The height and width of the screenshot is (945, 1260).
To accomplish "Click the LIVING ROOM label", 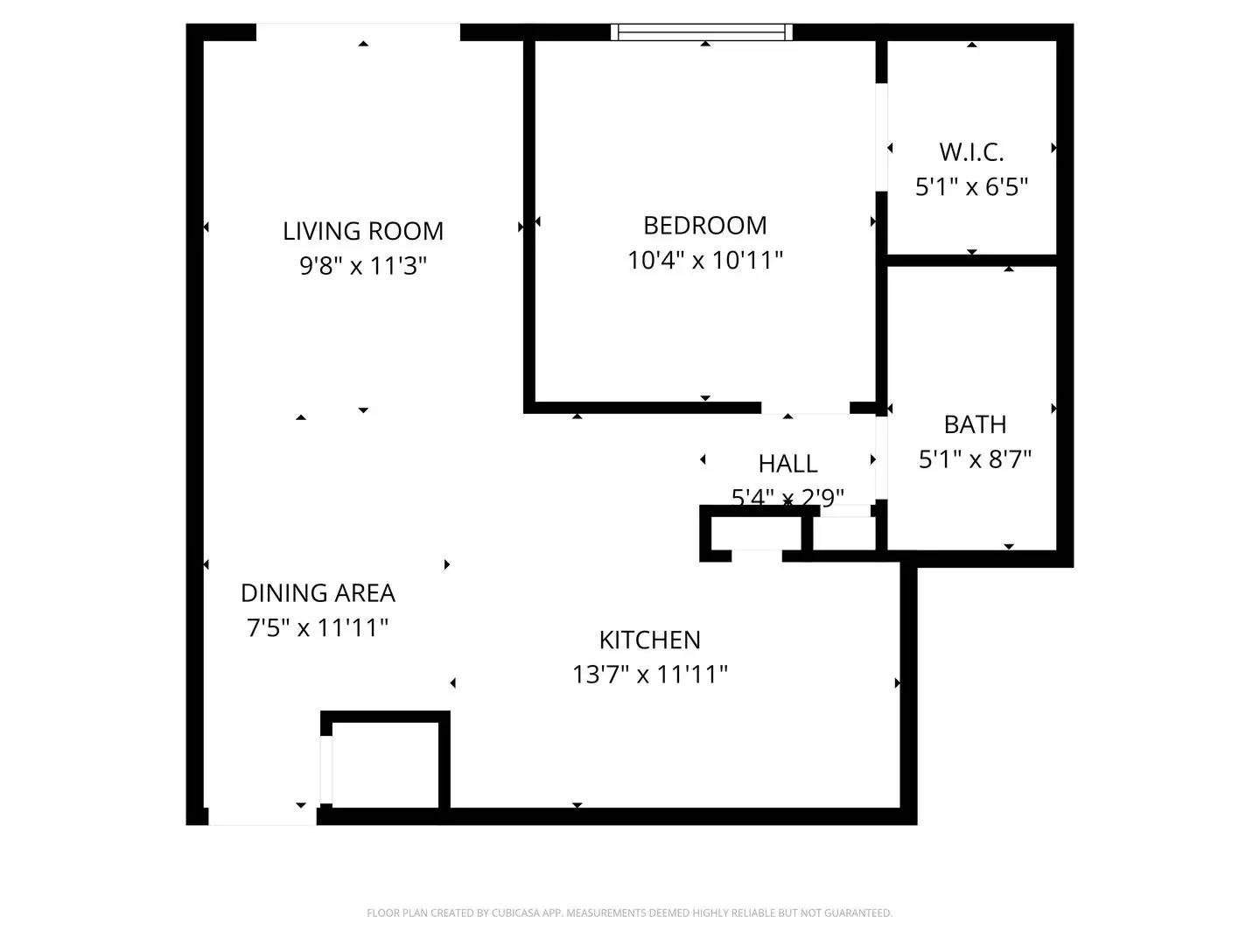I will tap(362, 231).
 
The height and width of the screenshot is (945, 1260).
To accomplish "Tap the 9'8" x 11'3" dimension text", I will tap(362, 265).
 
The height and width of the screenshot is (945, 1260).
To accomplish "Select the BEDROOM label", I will tap(704, 226).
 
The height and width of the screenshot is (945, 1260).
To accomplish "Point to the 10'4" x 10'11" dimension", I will tap(704, 260).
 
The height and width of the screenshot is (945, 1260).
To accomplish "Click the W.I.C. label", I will tap(971, 152).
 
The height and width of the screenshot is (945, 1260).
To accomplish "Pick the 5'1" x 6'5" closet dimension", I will tap(971, 186).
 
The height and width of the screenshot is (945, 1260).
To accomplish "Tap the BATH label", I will tap(975, 424).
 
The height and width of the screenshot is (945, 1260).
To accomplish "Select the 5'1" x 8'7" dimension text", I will tap(975, 458).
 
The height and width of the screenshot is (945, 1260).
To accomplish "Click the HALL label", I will tap(787, 464).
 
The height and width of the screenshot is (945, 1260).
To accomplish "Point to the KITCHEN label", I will tap(649, 640).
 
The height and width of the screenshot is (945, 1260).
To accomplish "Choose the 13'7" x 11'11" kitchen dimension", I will tap(649, 675).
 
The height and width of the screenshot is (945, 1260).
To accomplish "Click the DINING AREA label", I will tap(318, 593).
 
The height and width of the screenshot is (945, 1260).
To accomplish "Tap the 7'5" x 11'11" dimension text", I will tap(318, 627).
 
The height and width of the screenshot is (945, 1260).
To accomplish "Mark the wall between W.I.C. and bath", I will tap(971, 260).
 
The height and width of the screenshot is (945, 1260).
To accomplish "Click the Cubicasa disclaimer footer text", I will tap(629, 913).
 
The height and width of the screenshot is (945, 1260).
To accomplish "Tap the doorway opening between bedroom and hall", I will tap(805, 408).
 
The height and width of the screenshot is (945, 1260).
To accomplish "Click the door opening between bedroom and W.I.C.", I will tap(882, 136).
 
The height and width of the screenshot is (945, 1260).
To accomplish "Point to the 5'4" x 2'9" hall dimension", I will tap(787, 497).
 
